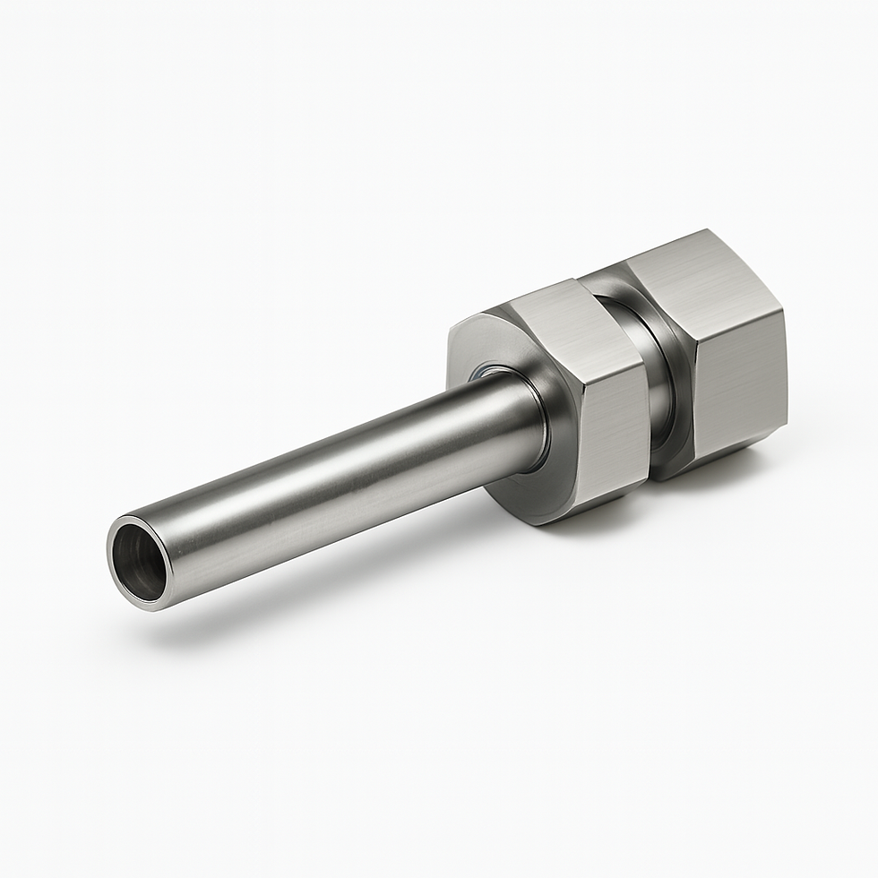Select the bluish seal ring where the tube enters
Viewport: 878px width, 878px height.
coord(490,369)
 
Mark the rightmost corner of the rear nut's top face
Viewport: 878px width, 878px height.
coord(785,309)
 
